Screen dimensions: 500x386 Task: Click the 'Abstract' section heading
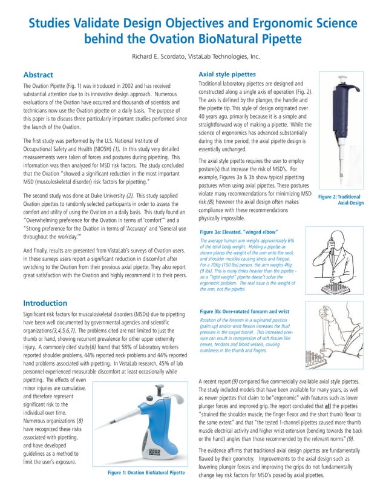(x=42, y=75)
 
